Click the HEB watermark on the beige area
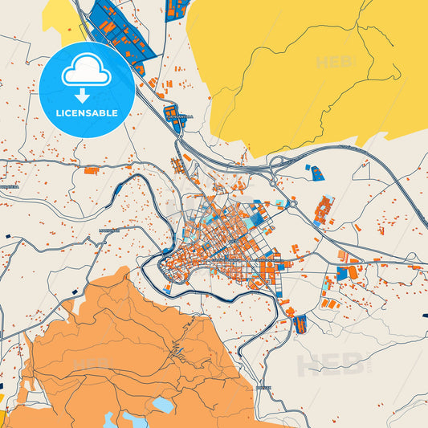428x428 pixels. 331,365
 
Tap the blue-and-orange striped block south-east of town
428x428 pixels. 300,324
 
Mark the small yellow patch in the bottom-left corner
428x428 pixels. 2,398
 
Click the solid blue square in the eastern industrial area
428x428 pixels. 342,274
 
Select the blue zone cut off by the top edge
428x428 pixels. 177,9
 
